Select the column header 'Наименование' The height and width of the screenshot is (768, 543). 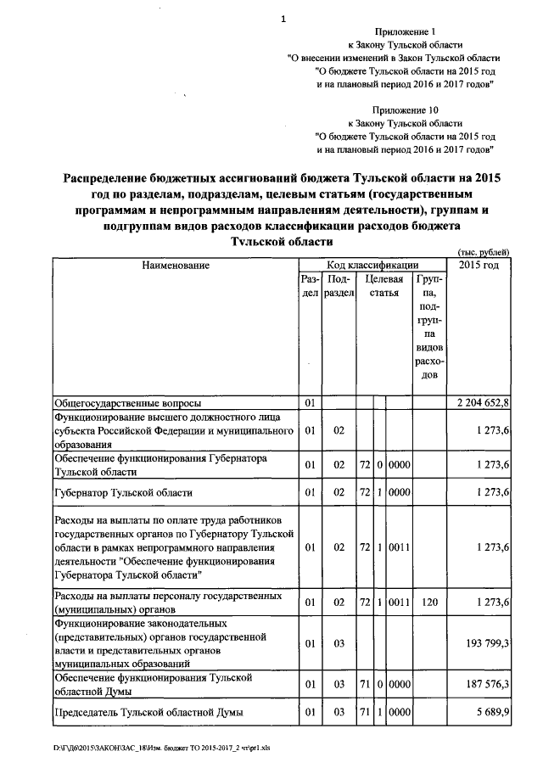[175, 266]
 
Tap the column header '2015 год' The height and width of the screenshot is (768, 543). [479, 266]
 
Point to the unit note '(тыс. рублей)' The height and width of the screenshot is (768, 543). [483, 252]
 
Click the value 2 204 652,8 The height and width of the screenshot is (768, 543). [482, 401]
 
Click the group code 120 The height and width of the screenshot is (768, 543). [428, 603]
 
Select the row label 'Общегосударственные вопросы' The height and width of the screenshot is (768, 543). [128, 401]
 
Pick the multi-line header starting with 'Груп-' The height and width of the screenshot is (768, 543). [428, 326]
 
